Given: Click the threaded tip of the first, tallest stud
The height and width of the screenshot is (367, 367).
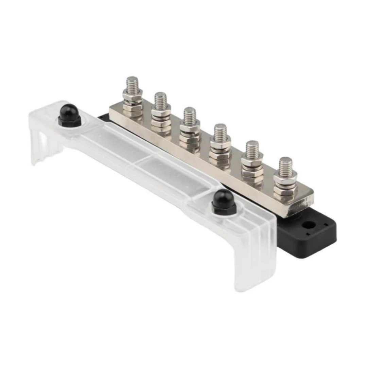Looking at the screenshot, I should pyautogui.click(x=132, y=85).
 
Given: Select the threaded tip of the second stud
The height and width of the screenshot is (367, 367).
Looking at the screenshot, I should pyautogui.click(x=161, y=100).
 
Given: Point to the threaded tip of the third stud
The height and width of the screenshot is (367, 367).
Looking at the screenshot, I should pyautogui.click(x=190, y=116).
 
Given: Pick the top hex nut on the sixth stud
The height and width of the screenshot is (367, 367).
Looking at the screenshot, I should pyautogui.click(x=285, y=179).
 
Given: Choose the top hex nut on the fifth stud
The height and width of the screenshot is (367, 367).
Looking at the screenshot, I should pyautogui.click(x=252, y=160).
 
